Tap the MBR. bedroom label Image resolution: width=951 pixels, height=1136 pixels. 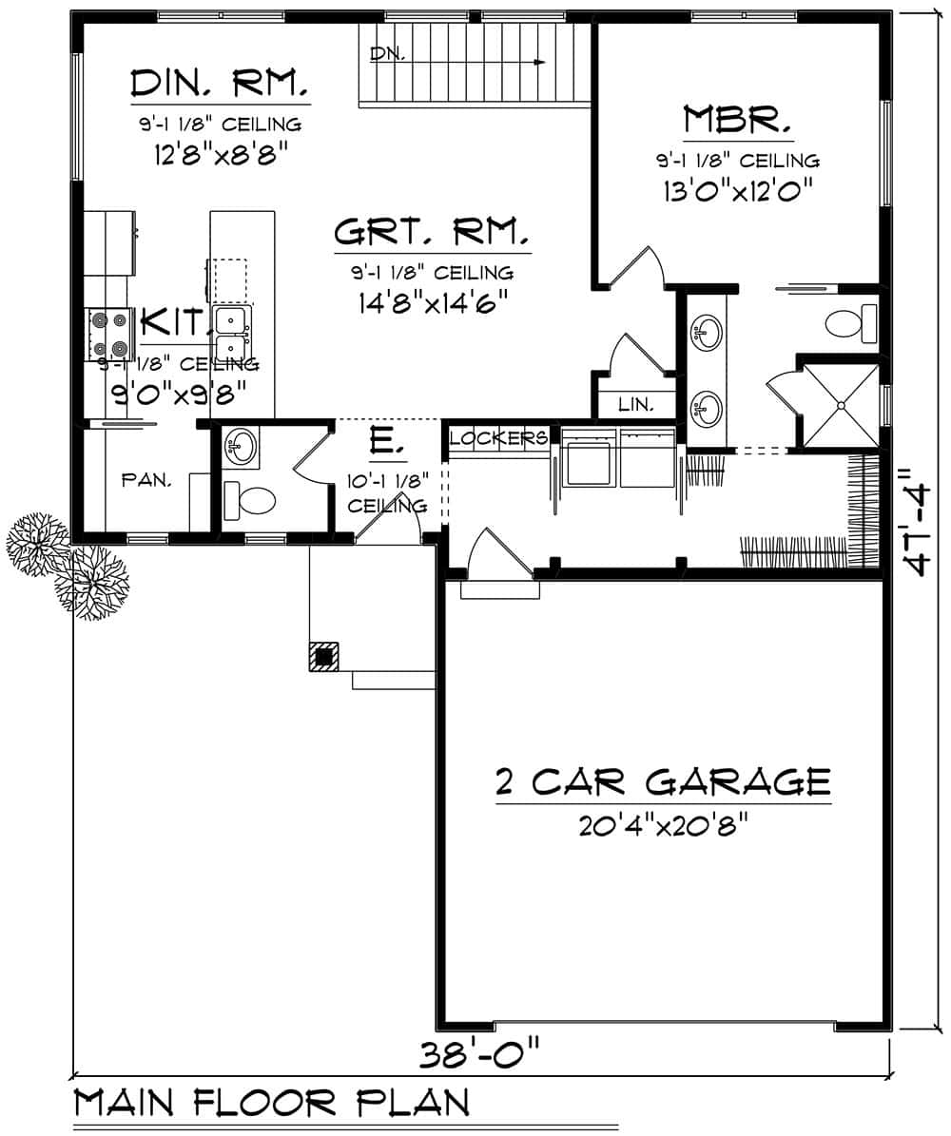[738, 120]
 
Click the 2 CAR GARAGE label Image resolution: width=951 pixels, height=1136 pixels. [663, 781]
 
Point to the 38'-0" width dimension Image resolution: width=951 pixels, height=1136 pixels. [480, 1054]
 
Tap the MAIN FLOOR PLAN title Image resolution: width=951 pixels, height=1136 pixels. [271, 1104]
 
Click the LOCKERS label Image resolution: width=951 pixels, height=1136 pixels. [498, 438]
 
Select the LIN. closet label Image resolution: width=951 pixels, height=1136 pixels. [635, 404]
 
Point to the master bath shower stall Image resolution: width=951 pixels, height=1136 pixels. [842, 405]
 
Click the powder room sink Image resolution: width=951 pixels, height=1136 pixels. [242, 445]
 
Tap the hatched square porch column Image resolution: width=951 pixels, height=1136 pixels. [323, 656]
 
